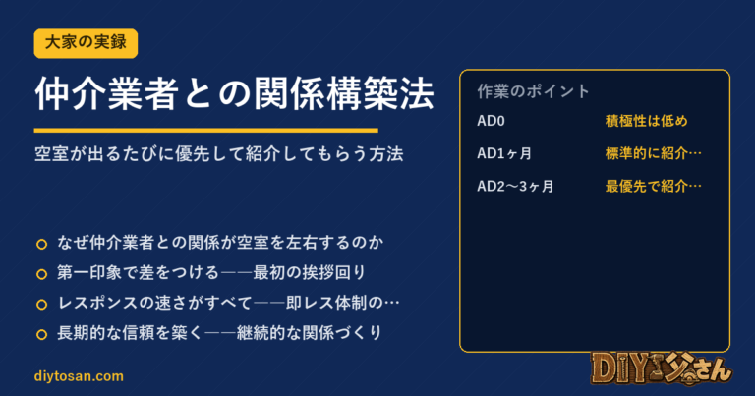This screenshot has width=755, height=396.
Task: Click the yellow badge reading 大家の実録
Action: (x=86, y=43)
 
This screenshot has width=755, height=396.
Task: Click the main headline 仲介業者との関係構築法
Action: (x=235, y=93)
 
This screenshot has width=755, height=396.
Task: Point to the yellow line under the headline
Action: (x=206, y=130)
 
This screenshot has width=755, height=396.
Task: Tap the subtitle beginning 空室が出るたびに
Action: (x=219, y=154)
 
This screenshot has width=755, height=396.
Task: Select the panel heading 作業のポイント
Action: (x=534, y=91)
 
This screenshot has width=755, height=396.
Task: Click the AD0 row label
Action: (x=491, y=121)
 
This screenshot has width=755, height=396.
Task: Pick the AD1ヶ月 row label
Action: (x=504, y=153)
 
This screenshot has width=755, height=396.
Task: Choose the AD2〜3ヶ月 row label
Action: (x=515, y=187)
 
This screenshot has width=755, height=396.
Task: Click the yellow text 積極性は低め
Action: (x=646, y=121)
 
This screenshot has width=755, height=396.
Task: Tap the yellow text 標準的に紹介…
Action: (x=654, y=153)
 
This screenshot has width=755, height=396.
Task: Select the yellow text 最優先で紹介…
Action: (x=654, y=187)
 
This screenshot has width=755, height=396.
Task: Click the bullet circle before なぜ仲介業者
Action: (x=42, y=244)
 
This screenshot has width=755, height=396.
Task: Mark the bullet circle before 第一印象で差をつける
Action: (x=42, y=274)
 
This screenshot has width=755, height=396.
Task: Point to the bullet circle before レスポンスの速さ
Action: (x=42, y=304)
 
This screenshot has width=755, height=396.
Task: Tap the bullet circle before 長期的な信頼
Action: (x=42, y=334)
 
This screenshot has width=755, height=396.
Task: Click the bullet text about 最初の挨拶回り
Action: (x=211, y=273)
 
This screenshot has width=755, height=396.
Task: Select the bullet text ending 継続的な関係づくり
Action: (x=219, y=333)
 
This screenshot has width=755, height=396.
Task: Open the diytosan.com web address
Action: (x=79, y=376)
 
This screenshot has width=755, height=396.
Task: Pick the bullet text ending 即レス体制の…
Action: (x=228, y=303)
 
